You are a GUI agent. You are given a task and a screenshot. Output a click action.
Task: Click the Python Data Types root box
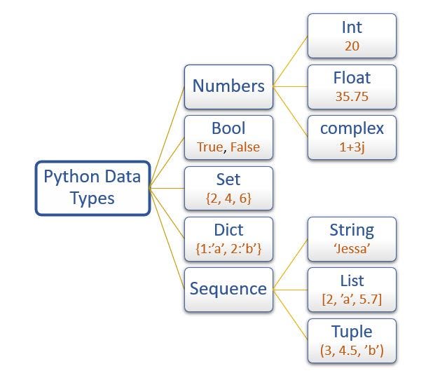tap(92, 187)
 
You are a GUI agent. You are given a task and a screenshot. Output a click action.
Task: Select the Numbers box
tap(228, 86)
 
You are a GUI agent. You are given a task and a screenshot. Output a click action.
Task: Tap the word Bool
tap(228, 129)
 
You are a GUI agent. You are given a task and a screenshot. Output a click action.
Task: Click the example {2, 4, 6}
tap(228, 198)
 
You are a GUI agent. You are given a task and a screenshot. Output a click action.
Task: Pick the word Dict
tap(228, 230)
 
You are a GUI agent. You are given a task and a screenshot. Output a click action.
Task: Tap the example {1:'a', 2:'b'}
tap(228, 249)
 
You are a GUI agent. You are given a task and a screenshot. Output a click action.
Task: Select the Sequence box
tap(228, 288)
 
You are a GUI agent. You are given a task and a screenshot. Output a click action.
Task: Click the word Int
tap(352, 28)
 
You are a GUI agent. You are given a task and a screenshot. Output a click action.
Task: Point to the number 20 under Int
tap(352, 46)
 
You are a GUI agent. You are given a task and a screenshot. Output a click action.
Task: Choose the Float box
tap(352, 86)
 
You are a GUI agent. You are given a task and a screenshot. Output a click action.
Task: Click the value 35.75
tap(352, 97)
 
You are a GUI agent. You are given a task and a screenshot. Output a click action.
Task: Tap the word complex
tap(352, 129)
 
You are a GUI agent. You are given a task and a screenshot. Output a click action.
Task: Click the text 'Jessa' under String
tap(352, 249)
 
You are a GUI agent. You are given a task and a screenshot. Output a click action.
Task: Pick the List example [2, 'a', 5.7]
tap(352, 299)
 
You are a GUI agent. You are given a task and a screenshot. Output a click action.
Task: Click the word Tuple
tap(352, 331)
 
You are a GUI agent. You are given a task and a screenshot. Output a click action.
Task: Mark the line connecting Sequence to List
tap(291, 288)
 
